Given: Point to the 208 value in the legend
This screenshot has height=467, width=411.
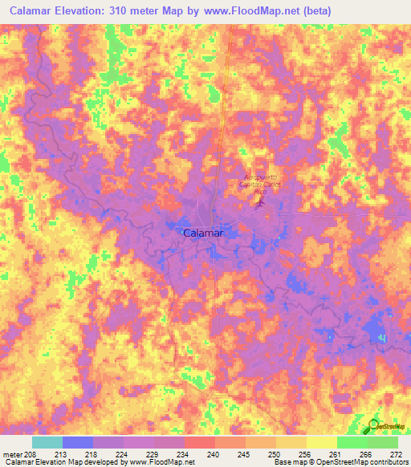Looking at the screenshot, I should pyautogui.click(x=31, y=454).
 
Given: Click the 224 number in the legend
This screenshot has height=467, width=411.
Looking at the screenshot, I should pyautogui.click(x=123, y=454).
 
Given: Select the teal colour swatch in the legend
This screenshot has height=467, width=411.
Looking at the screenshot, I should pyautogui.click(x=47, y=442).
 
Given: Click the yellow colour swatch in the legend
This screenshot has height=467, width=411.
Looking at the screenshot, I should pyautogui.click(x=321, y=442).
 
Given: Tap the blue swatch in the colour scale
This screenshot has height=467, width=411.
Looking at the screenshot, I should pyautogui.click(x=77, y=442).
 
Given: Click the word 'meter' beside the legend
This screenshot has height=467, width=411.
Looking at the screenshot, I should pyautogui.click(x=11, y=454).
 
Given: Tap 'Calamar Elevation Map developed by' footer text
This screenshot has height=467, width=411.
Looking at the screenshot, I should pyautogui.click(x=56, y=462).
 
